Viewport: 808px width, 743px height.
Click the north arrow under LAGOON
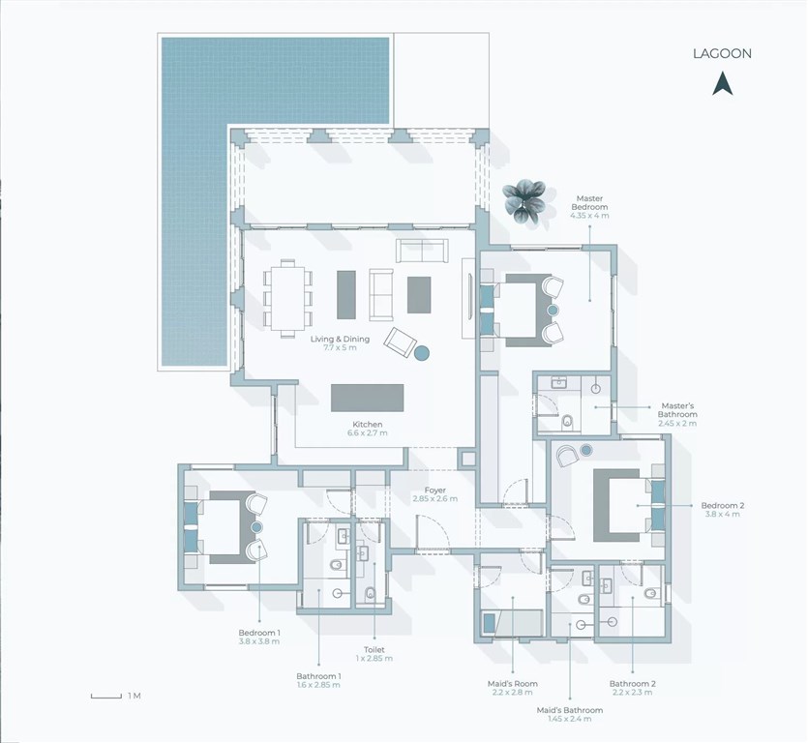tap(723, 83)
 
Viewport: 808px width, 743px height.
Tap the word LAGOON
tap(722, 53)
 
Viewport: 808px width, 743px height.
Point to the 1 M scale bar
tap(106, 697)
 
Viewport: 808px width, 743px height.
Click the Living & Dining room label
tap(340, 339)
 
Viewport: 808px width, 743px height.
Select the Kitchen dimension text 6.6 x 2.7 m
tap(368, 433)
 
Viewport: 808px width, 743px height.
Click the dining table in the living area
tap(287, 299)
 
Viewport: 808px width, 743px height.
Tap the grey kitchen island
tap(367, 398)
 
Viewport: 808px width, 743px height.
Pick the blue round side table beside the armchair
tap(422, 353)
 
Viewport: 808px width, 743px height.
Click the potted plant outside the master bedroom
tap(524, 201)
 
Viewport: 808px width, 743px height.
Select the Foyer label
tap(434, 490)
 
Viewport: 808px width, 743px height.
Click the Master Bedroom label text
tap(589, 202)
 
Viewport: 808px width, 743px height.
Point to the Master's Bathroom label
tap(677, 410)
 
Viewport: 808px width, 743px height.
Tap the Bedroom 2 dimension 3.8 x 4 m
tap(722, 515)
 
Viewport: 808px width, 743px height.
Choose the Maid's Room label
tap(512, 684)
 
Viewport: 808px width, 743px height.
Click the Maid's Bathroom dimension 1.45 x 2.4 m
tap(569, 719)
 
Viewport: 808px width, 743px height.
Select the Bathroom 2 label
tap(632, 684)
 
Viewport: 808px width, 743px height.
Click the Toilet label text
tap(374, 650)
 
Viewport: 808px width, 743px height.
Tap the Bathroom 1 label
tap(318, 676)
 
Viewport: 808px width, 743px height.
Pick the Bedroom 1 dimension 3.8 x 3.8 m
tap(258, 641)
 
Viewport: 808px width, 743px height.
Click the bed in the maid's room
tap(512, 623)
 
